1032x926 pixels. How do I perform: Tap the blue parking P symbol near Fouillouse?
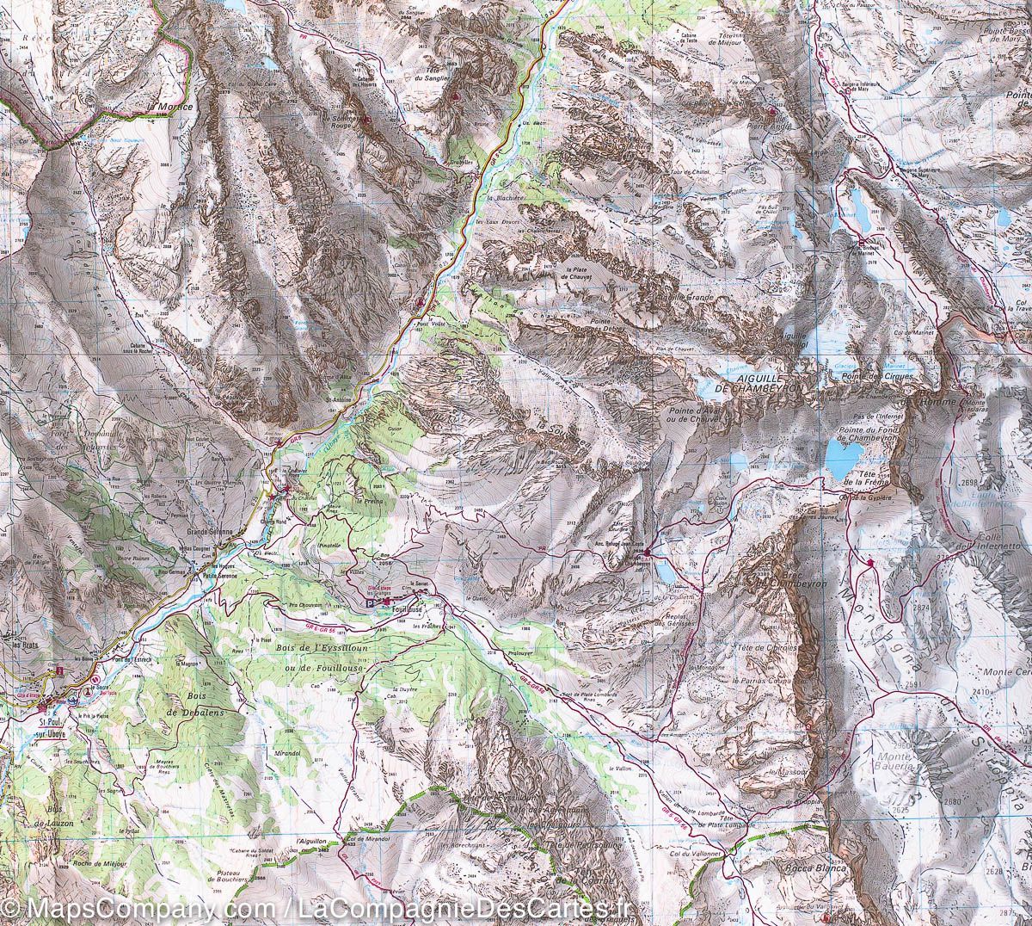pos(372,605)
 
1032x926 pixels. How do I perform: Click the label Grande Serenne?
pos(211,532)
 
